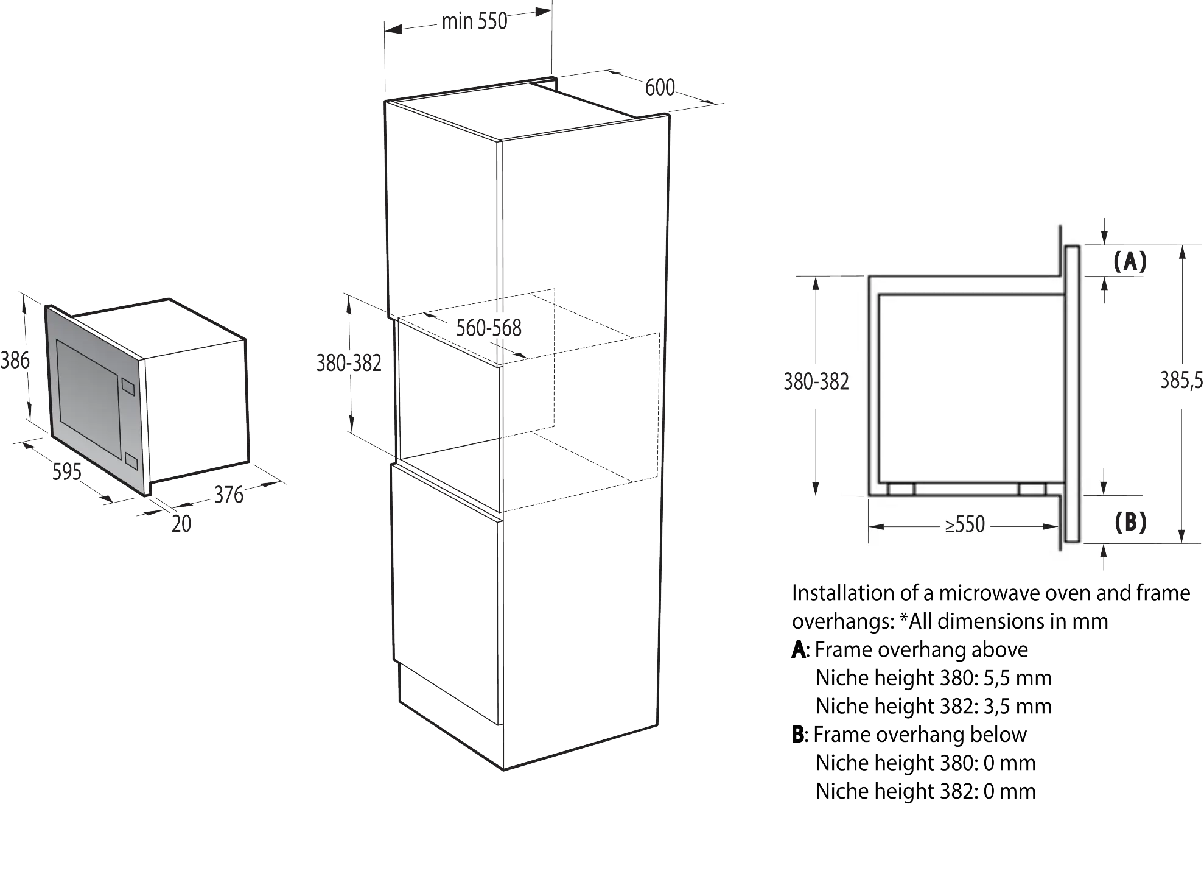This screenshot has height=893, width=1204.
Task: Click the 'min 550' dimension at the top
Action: pyautogui.click(x=474, y=21)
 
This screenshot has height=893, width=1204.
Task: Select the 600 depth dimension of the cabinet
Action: pyautogui.click(x=660, y=88)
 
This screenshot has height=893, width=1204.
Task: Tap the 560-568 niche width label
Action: pyautogui.click(x=489, y=328)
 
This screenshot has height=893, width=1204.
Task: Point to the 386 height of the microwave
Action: pyautogui.click(x=15, y=360)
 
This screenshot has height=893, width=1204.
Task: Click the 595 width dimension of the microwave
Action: pyautogui.click(x=67, y=471)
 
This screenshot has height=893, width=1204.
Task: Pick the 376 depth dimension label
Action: pyautogui.click(x=229, y=495)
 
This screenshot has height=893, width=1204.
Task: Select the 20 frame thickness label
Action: pyautogui.click(x=181, y=524)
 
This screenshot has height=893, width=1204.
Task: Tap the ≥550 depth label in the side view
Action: pyautogui.click(x=965, y=524)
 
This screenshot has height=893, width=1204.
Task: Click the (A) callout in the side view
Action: pyautogui.click(x=1130, y=261)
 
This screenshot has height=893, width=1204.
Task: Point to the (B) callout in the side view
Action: pyautogui.click(x=1130, y=522)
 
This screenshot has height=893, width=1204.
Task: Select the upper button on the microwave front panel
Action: pyautogui.click(x=128, y=387)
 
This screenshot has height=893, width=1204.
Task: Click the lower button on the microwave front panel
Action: pyautogui.click(x=131, y=461)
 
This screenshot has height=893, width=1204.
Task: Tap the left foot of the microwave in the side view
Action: pyautogui.click(x=901, y=489)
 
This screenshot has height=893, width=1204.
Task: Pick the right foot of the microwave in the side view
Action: pyautogui.click(x=1032, y=489)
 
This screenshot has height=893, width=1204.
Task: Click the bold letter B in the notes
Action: pyautogui.click(x=798, y=735)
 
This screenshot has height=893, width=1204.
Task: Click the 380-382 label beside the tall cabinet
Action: pyautogui.click(x=349, y=363)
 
